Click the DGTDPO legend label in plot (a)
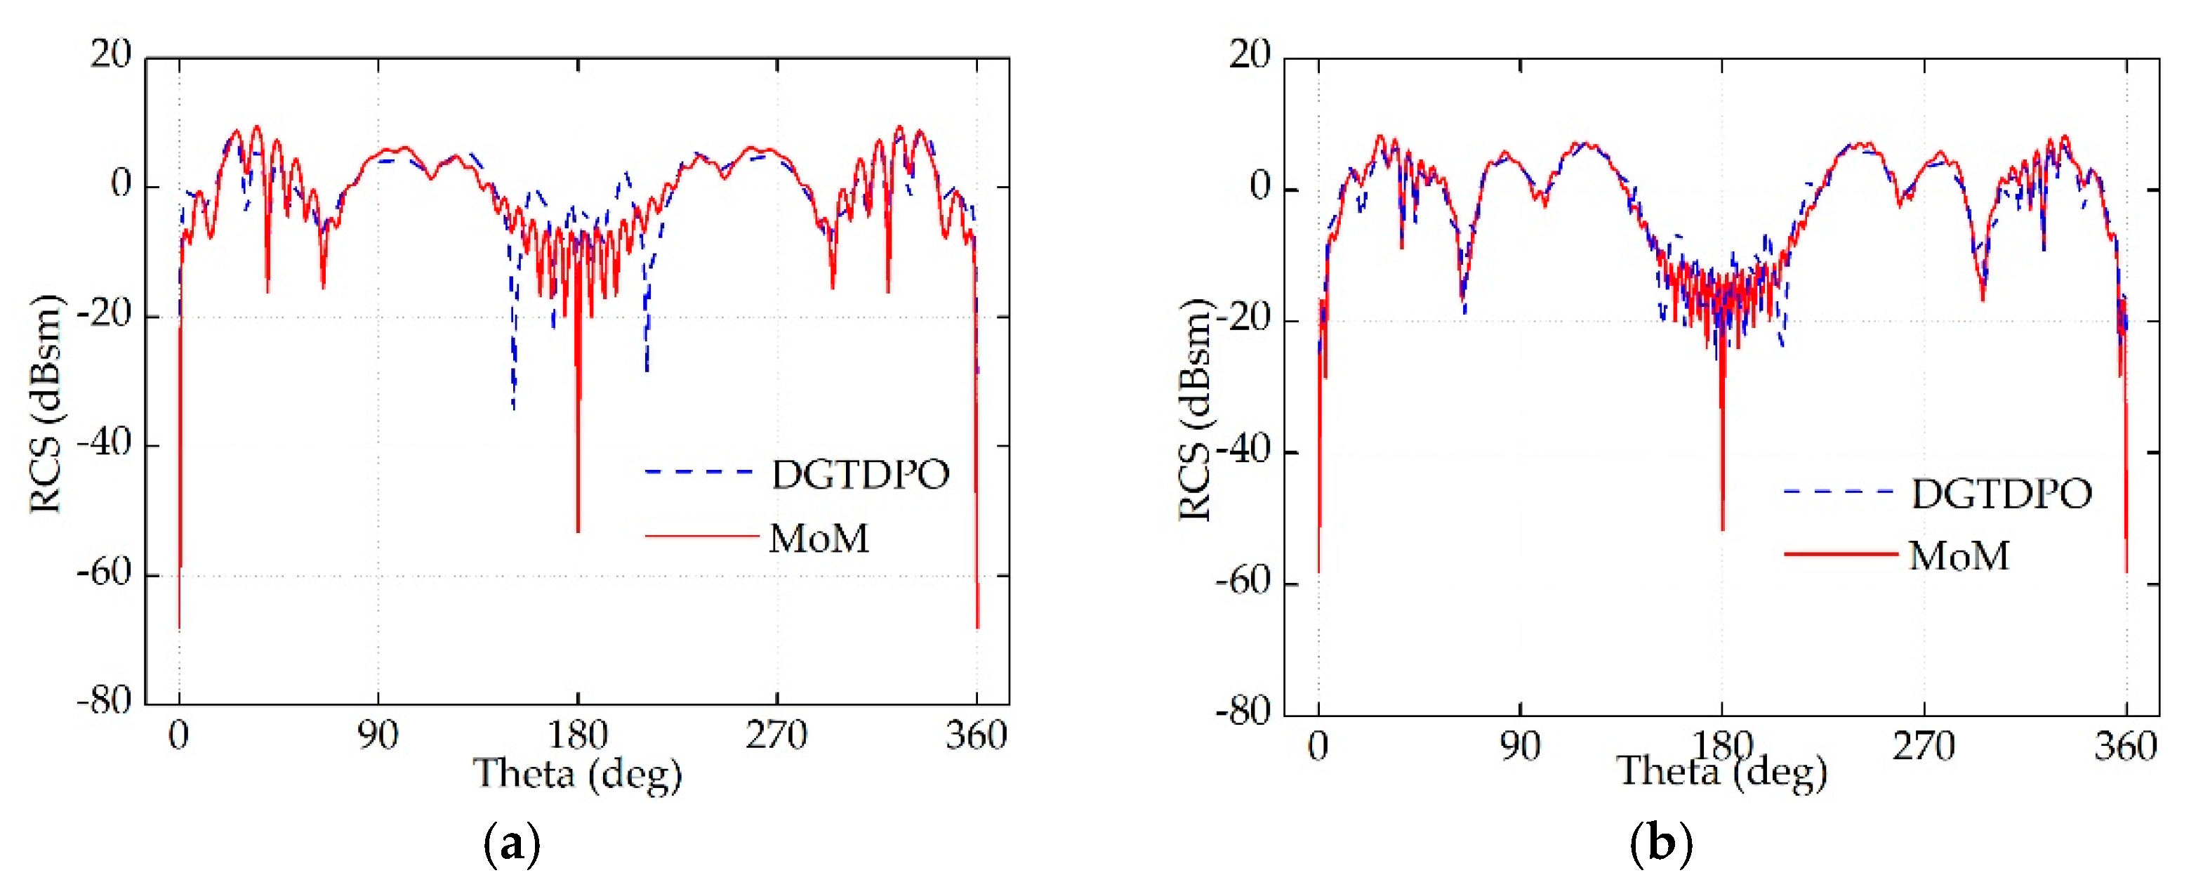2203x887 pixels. (860, 475)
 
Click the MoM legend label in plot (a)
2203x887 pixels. (819, 539)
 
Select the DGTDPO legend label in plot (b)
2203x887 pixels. (2002, 494)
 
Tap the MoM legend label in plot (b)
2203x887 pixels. (1959, 556)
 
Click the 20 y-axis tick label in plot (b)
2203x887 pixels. (1250, 55)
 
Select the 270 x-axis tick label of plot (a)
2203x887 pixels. (776, 735)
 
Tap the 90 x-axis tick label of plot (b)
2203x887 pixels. (1520, 747)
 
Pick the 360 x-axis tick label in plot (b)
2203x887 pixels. (2125, 747)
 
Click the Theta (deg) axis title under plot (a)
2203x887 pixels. (577, 774)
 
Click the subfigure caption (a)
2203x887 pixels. (511, 844)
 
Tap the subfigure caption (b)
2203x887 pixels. (1661, 844)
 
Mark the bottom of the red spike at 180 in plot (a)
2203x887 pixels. (578, 530)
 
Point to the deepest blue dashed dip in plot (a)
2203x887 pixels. (513, 408)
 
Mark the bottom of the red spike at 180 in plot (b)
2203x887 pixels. (1721, 529)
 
